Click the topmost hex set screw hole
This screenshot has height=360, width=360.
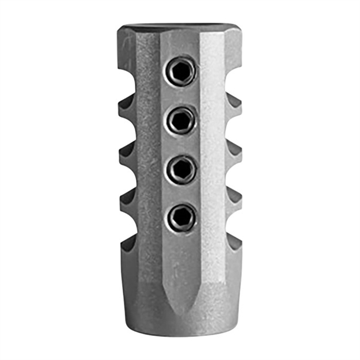pyautogui.click(x=181, y=71)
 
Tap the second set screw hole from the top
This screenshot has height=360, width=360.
pyautogui.click(x=181, y=120)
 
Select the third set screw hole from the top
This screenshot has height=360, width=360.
pyautogui.click(x=181, y=168)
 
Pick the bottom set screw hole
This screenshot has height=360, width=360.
pyautogui.click(x=181, y=217)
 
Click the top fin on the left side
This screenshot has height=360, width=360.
pyautogui.click(x=127, y=109)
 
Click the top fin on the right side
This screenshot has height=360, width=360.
pyautogui.click(x=233, y=109)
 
